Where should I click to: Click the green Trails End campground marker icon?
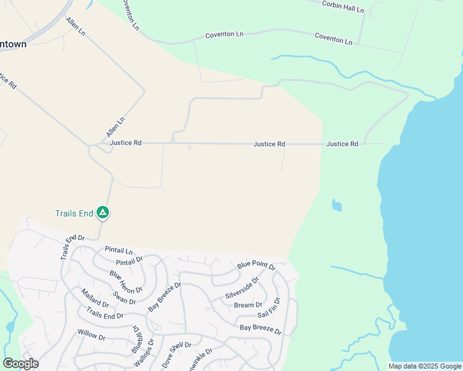coord(103,213)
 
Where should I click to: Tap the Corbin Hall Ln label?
coord(343,6)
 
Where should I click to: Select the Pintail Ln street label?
coord(119,251)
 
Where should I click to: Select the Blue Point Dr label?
coord(256,265)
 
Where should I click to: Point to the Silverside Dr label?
coord(242,288)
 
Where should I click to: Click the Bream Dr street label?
coord(248,305)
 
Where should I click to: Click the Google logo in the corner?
coord(20,364)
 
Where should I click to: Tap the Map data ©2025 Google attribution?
coord(425,366)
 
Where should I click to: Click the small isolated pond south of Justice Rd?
coord(336,205)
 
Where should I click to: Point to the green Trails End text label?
coord(74,214)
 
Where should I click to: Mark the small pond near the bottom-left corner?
coord(10,326)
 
